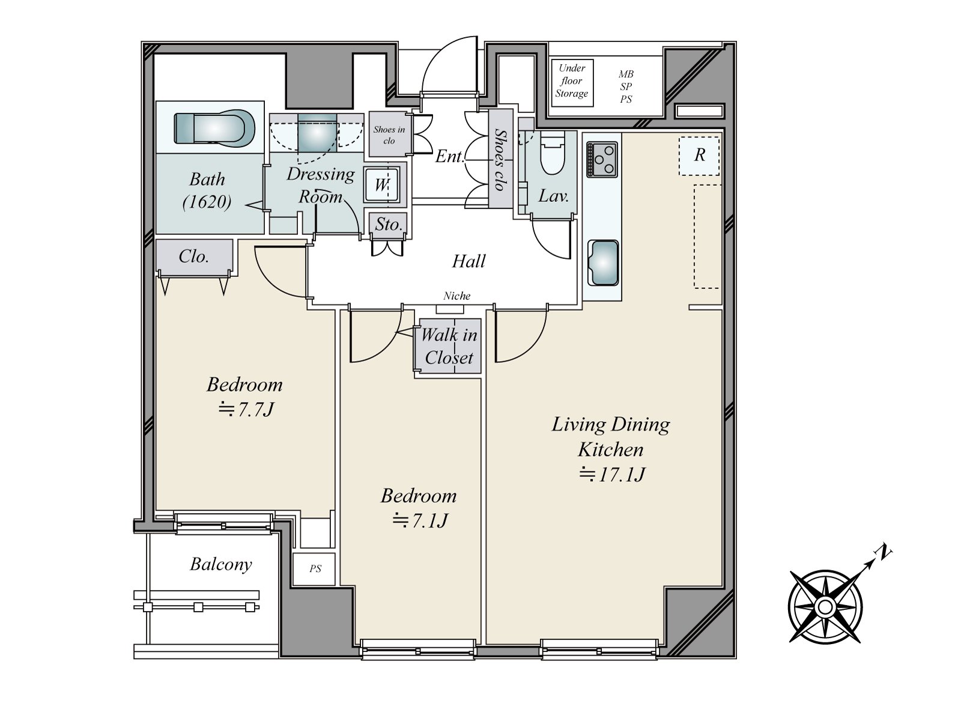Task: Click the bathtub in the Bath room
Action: [214, 129]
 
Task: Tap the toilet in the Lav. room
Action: [552, 153]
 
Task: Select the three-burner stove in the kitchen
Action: [602, 159]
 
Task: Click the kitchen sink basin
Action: [603, 263]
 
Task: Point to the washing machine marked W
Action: [382, 184]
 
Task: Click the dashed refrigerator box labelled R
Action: [699, 156]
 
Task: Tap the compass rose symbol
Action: [825, 607]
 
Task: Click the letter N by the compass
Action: [883, 553]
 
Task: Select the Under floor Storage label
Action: [572, 81]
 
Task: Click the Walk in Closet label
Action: [449, 346]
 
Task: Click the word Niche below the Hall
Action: [456, 296]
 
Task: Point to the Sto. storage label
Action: [389, 225]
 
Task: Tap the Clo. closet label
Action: [193, 257]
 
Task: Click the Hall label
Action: [468, 261]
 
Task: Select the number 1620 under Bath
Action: [207, 202]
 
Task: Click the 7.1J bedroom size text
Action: [420, 520]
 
